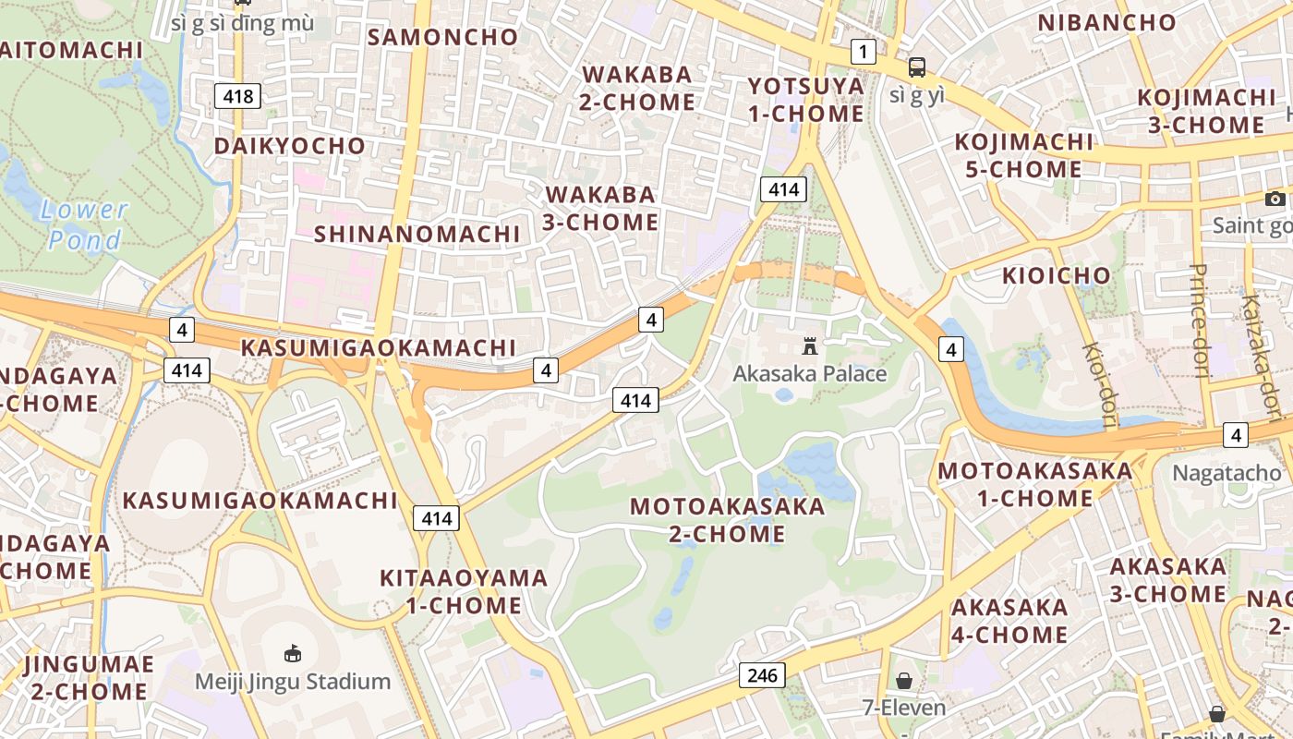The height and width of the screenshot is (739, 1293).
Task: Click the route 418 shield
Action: pos(237,95)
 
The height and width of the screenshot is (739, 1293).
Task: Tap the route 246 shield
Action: pos(762,675)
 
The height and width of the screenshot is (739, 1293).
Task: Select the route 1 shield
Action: pos(863,52)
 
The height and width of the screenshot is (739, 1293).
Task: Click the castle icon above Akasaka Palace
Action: pos(810,346)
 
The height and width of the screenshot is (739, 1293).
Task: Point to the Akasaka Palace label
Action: pos(809,373)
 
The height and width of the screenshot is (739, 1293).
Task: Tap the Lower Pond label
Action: pos(84,225)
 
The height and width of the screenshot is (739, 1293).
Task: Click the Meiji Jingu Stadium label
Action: pos(293,682)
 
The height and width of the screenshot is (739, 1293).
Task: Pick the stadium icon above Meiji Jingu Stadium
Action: pos(293,653)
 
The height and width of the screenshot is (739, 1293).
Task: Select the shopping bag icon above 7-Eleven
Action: pos(904,681)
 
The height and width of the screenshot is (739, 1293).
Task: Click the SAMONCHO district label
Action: pos(443,37)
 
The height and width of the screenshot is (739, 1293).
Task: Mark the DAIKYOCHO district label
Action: pos(290,146)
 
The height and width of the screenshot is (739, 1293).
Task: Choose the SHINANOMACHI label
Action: pos(417,234)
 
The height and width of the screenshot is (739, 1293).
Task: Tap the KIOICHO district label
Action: pos(1057,275)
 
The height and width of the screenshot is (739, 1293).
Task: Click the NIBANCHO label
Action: pos(1106,22)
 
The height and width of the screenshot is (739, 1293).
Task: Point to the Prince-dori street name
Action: pos(1199,321)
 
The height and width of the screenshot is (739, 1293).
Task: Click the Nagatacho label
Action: pos(1227,473)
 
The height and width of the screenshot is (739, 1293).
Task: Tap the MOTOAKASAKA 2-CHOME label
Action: pos(727,519)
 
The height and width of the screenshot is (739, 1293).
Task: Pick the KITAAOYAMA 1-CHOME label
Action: pos(464,591)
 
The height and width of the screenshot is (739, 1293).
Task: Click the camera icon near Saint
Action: pos(1275,199)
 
